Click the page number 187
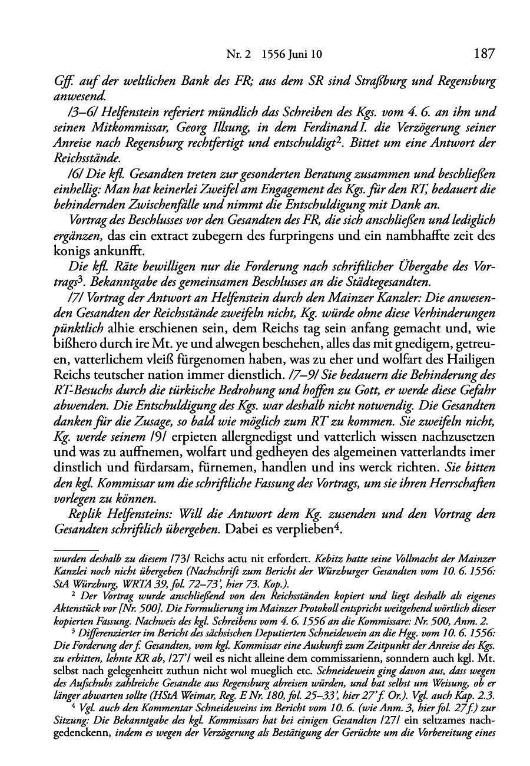tap(483, 54)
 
